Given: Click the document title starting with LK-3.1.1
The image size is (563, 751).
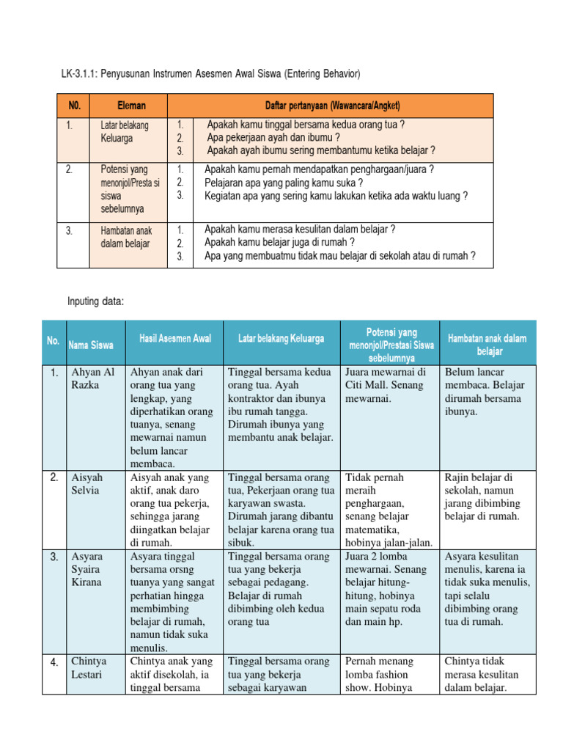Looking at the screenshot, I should click(210, 74).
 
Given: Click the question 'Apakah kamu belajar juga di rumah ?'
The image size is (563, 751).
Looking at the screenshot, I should click(279, 243).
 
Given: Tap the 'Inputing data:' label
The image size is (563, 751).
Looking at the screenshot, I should click(95, 301).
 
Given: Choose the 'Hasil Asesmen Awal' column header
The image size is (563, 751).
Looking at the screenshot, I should click(175, 338).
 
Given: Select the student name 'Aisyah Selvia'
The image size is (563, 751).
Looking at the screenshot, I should click(87, 484).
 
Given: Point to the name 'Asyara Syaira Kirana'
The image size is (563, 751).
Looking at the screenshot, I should click(87, 569).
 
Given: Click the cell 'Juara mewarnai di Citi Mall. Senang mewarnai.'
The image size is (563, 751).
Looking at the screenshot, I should click(389, 385).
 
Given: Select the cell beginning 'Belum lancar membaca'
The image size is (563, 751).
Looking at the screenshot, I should click(483, 392).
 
